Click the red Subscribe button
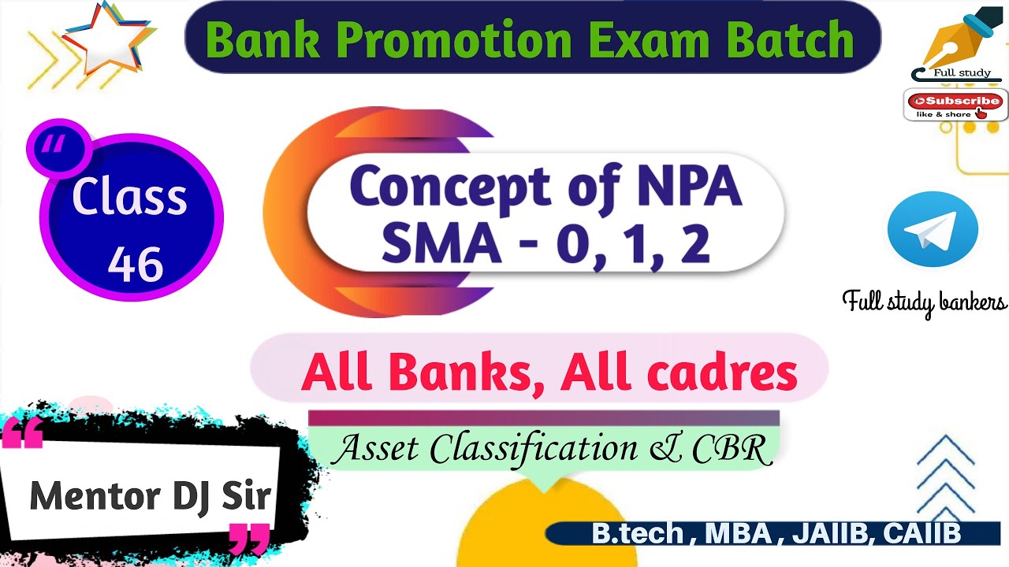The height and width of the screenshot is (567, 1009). pyautogui.click(x=955, y=101)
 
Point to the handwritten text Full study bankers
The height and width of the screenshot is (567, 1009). pyautogui.click(x=924, y=302)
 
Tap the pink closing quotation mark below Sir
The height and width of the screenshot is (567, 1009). pyautogui.click(x=248, y=539)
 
